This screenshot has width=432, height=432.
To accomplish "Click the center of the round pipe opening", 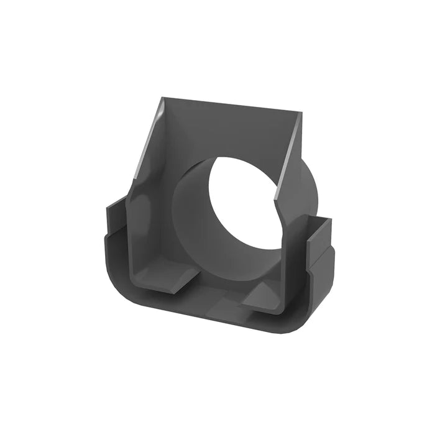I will click(x=242, y=199).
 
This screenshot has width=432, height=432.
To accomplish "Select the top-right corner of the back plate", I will click(x=301, y=113).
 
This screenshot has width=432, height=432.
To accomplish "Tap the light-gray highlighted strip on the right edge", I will click(x=289, y=155).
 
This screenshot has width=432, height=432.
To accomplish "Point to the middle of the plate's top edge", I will click(x=231, y=105).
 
